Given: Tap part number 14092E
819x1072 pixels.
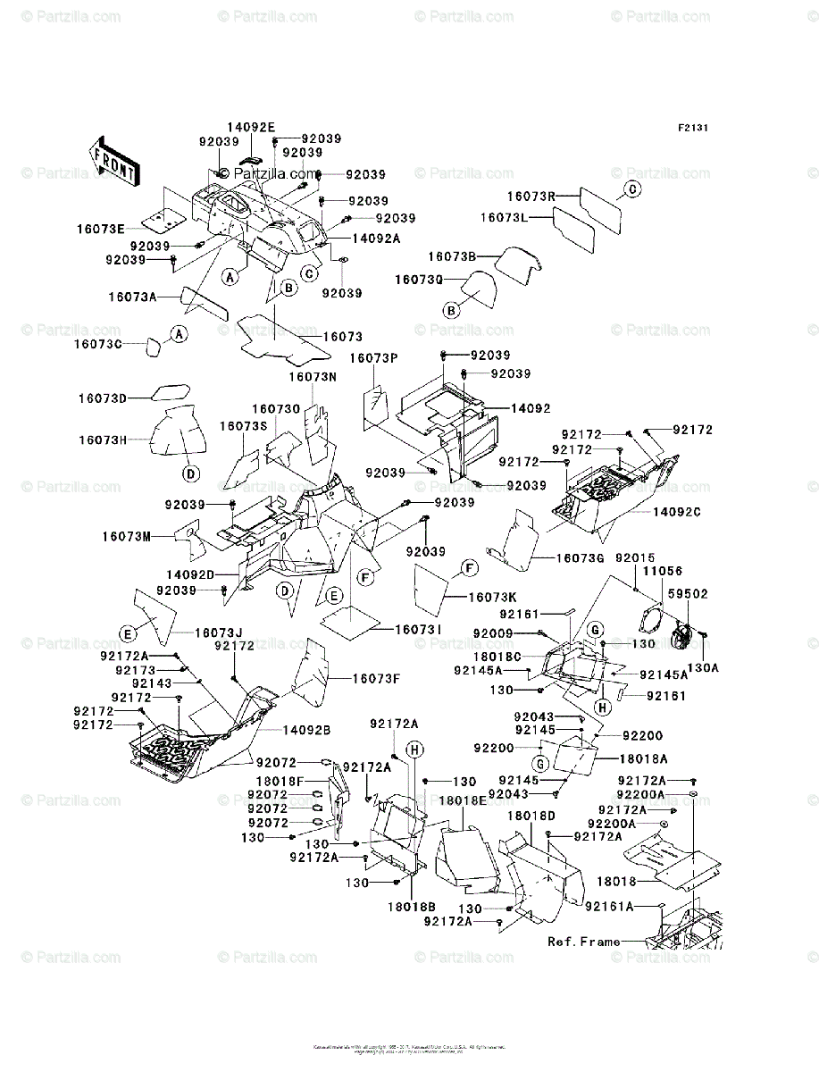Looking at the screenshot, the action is (x=251, y=128).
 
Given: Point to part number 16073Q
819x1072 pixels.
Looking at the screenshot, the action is (x=418, y=280).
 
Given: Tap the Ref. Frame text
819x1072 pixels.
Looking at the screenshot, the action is (x=583, y=942).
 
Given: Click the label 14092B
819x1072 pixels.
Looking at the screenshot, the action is (x=307, y=730).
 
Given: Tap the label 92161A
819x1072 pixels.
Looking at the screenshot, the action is (x=610, y=906).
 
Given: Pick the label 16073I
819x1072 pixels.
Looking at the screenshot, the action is (x=419, y=630).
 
